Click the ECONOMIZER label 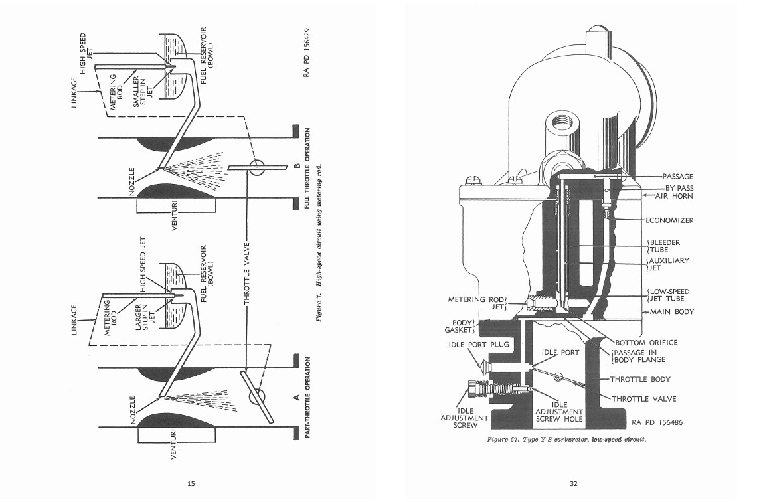tap(669, 220)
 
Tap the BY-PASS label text tap(679, 188)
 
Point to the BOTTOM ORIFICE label tap(646, 343)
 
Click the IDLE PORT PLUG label tap(479, 345)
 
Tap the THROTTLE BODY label tap(640, 379)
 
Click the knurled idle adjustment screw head tap(473, 389)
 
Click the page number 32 tap(573, 484)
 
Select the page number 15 tap(191, 484)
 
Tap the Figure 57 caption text tap(566, 439)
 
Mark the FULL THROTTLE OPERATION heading tap(307, 169)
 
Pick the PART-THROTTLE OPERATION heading tap(308, 397)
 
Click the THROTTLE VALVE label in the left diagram tap(247, 274)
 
